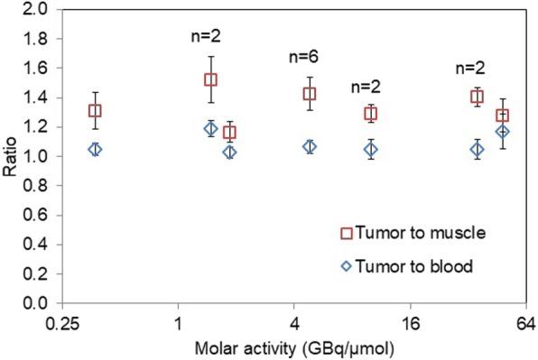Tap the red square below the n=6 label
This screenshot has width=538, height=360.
310,94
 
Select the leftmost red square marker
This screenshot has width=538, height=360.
94,111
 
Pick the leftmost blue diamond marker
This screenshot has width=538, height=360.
94,150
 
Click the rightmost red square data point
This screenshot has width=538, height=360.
502,115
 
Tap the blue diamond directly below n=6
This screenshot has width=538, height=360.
310,146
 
